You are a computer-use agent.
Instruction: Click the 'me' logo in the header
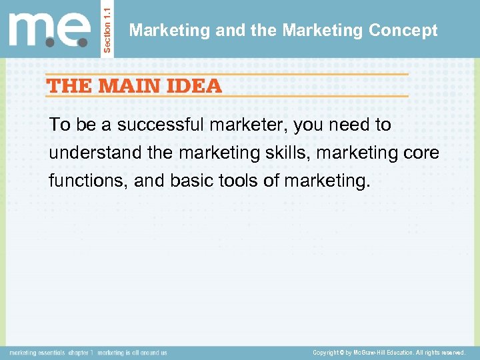(x=49, y=29)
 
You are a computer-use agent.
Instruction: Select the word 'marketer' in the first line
(x=239, y=125)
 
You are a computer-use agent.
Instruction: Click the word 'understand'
(x=95, y=153)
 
